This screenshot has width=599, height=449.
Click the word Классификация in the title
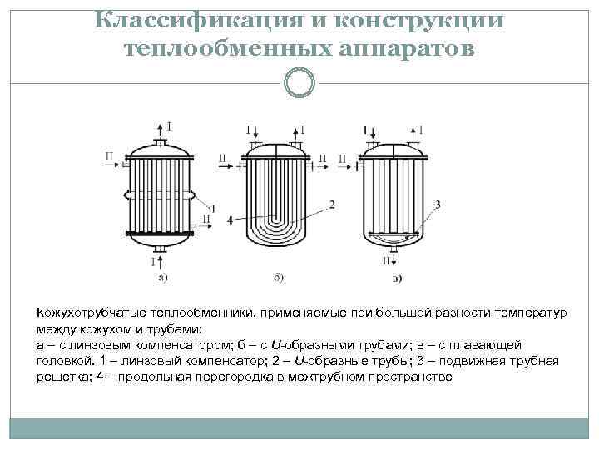[196, 20]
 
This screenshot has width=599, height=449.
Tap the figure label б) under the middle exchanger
[278, 277]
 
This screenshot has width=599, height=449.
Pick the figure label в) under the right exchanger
[397, 277]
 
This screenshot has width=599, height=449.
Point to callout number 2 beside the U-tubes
[332, 204]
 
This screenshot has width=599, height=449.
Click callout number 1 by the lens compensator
[214, 207]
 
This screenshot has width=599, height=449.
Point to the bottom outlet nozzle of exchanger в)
[396, 248]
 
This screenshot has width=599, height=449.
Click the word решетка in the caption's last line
[60, 377]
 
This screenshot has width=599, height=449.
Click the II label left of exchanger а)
[111, 155]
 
